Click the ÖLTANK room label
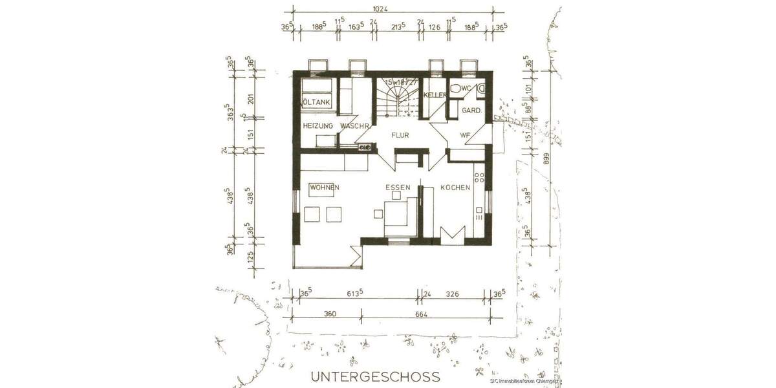[x=317, y=103]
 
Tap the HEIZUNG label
[x=318, y=125]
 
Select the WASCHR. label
[x=354, y=125]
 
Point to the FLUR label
[x=400, y=136]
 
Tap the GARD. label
[x=471, y=111]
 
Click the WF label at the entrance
[x=465, y=135]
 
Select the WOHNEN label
[x=325, y=188]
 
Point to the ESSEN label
[x=398, y=188]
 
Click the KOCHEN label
[x=455, y=188]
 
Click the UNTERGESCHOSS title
[x=375, y=376]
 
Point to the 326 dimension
[x=452, y=294]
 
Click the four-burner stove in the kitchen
[x=479, y=176]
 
